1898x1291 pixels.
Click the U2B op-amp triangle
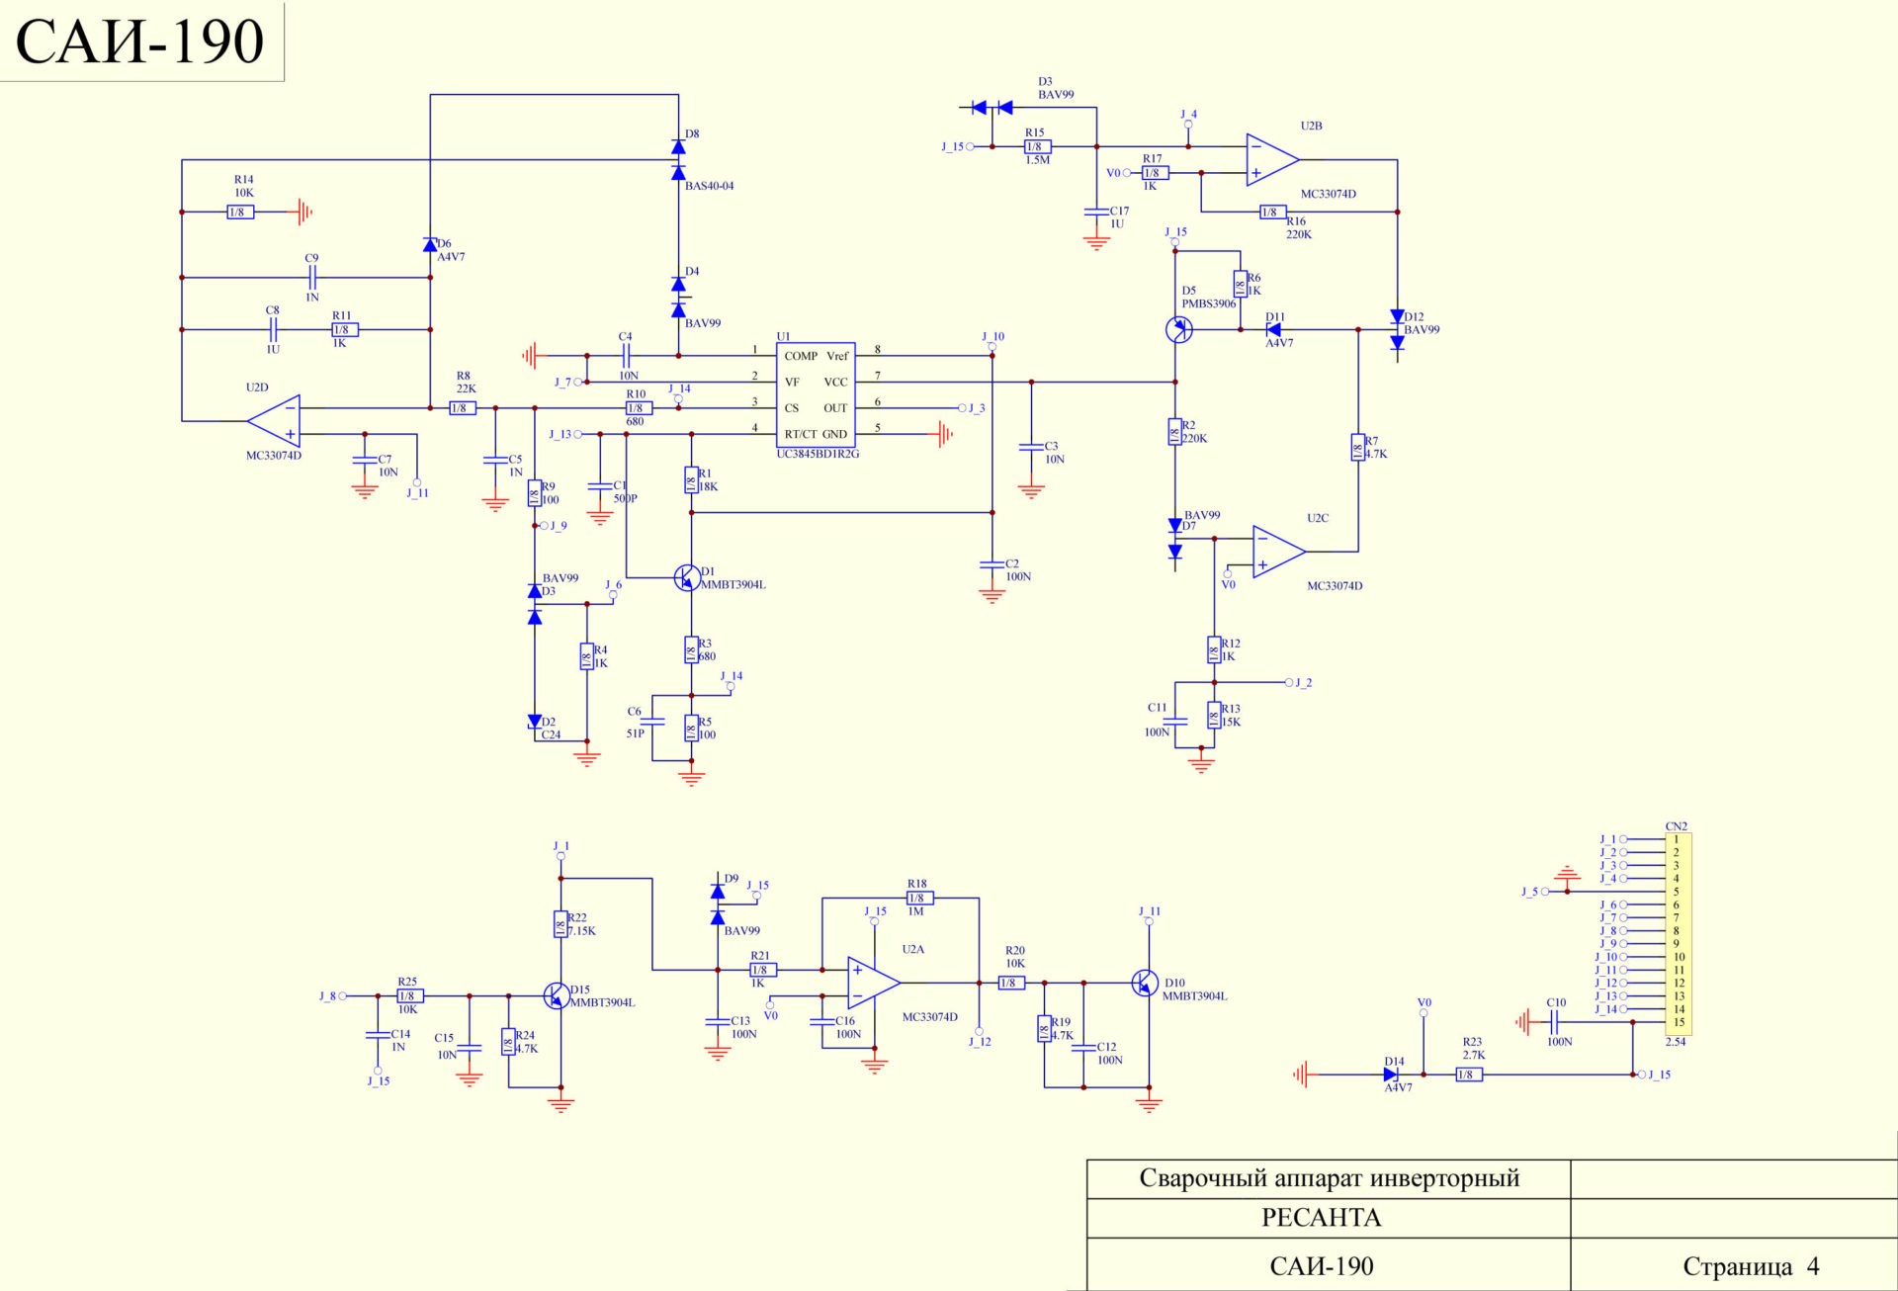pos(1270,159)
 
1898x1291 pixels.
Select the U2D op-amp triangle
pos(276,421)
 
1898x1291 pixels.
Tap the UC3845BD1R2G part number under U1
pos(818,454)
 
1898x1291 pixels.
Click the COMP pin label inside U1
pos(801,356)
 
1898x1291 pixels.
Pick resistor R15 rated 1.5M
pos(1037,146)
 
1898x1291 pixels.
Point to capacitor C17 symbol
pos(1096,212)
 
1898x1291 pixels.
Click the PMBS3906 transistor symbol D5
pos(1178,329)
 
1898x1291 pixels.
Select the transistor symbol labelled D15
pos(557,995)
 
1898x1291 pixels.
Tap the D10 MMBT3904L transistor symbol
pos(1145,983)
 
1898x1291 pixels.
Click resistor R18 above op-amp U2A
pos(919,898)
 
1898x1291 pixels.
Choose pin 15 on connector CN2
pos(1679,1022)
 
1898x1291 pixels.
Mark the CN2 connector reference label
pos(1676,826)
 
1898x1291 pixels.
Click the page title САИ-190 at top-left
pos(140,42)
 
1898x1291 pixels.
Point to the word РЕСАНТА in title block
pos(1321,1218)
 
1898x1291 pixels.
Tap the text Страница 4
pos(1751,1266)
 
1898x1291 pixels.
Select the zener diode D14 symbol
pos(1392,1075)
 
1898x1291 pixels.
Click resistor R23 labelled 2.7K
pos(1469,1075)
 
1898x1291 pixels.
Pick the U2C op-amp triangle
pos(1277,552)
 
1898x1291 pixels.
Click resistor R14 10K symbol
pos(240,212)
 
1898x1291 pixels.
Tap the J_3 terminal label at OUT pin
pos(977,408)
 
